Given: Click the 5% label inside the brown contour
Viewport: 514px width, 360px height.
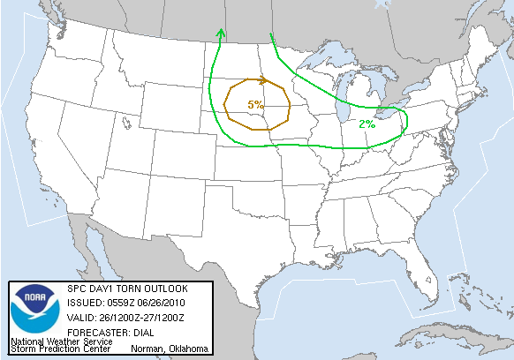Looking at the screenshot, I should (255, 105).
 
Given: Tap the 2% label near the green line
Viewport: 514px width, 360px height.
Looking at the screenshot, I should (367, 124).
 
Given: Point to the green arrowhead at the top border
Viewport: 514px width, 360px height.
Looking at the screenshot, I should (220, 34).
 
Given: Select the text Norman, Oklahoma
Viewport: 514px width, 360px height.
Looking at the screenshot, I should (170, 349).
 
